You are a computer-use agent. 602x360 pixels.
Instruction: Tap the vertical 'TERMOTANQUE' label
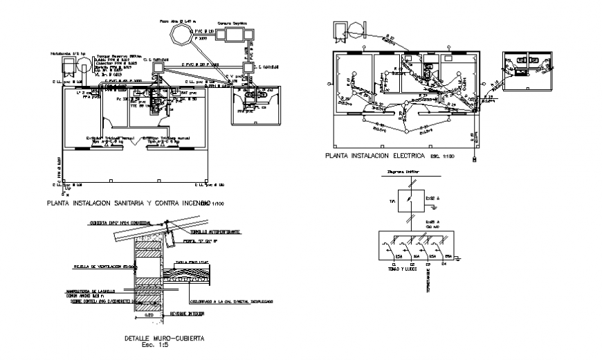[x=428, y=278]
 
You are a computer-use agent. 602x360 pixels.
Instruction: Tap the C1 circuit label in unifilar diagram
[x=394, y=263]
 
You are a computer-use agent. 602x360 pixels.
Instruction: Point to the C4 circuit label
[x=444, y=263]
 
